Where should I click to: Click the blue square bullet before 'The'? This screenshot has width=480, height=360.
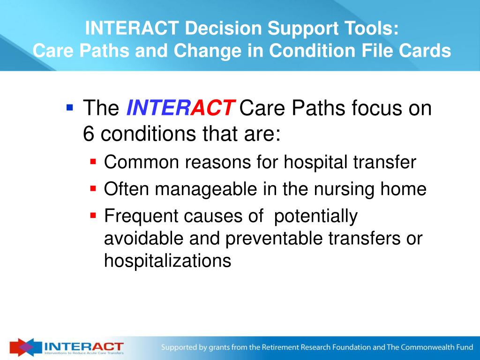70,107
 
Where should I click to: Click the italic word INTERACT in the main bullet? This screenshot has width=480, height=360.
180,108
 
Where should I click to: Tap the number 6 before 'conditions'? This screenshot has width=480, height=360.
88,134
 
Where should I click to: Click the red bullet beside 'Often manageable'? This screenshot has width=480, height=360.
93,188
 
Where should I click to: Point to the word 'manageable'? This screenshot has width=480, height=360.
206,189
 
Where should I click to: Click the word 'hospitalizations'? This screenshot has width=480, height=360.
167,261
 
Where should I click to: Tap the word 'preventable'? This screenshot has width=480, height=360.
274,239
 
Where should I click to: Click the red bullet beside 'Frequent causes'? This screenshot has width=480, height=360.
93,215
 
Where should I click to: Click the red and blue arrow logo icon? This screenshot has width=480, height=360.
25,347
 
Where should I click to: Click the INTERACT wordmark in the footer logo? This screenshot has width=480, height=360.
84,346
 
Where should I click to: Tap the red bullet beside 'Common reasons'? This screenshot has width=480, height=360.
93,161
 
